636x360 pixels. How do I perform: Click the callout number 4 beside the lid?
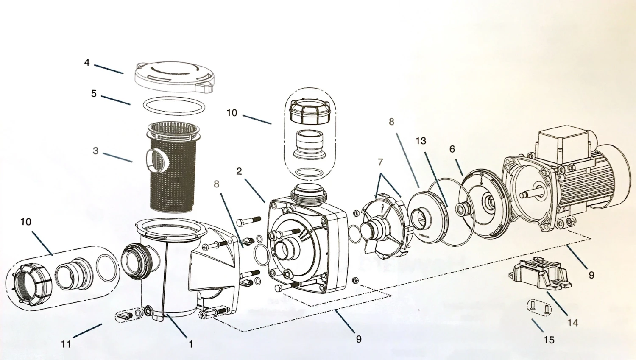click(x=87, y=63)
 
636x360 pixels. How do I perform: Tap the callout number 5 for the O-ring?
click(x=94, y=93)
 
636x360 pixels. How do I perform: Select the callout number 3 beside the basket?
click(x=95, y=151)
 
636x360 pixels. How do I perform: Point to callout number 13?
click(x=421, y=140)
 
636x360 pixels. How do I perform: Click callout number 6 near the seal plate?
click(x=452, y=149)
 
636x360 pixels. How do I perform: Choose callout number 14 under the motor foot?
click(x=572, y=323)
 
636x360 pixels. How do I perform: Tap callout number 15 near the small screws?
click(x=549, y=340)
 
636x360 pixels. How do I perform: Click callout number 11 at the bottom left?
click(x=66, y=344)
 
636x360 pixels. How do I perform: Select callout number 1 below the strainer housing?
click(x=191, y=344)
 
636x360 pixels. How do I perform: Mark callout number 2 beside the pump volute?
click(x=239, y=171)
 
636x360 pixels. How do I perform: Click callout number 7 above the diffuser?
click(x=380, y=162)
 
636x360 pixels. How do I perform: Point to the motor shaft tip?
click(x=524, y=195)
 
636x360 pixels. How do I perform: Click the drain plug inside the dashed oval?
click(x=126, y=315)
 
